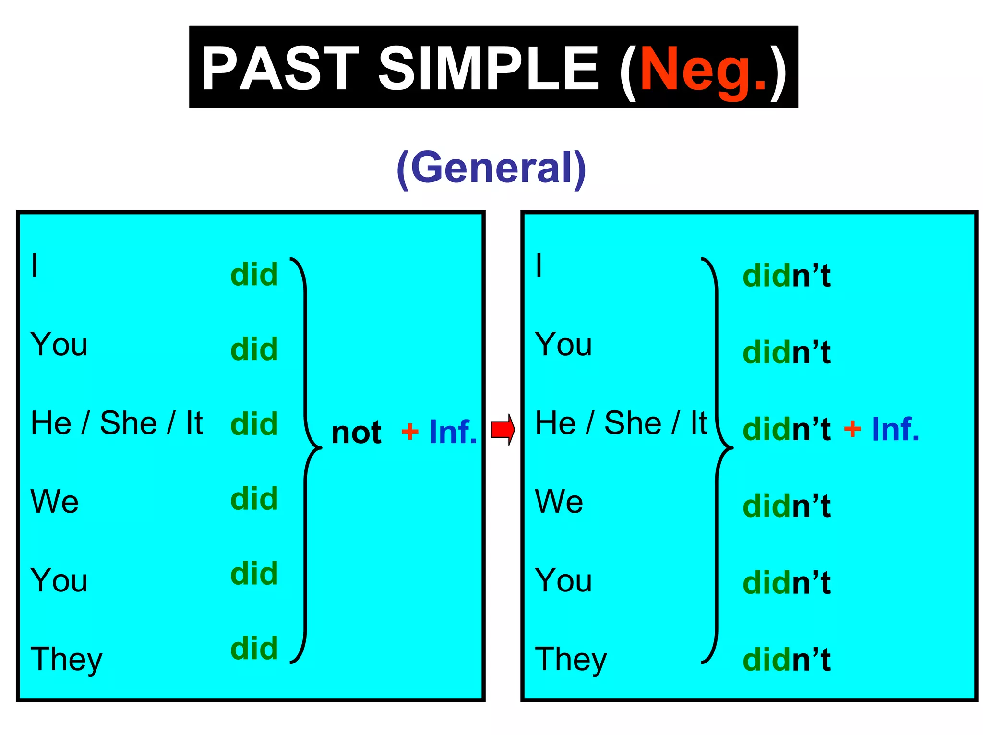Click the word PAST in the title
[x=280, y=69]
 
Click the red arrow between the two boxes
[x=503, y=429]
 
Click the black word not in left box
[x=356, y=432]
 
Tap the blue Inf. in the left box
[x=453, y=432]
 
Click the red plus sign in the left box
[x=409, y=431]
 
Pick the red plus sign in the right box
[x=852, y=428]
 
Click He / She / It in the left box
[x=117, y=423]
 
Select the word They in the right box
[x=571, y=660]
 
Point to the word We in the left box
[x=55, y=502]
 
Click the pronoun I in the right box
[x=539, y=265]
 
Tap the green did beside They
[x=254, y=649]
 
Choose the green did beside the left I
[x=254, y=275]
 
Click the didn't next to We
[x=786, y=506]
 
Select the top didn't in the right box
[x=786, y=276]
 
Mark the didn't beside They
[x=786, y=660]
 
